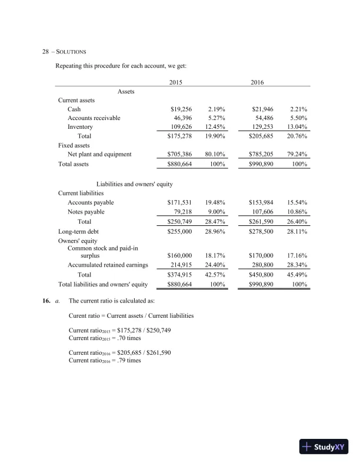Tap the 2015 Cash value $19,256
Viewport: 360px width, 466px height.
pyautogui.click(x=179, y=109)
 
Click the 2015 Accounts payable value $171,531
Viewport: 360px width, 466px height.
pyautogui.click(x=179, y=202)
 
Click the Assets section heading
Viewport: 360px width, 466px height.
pyautogui.click(x=126, y=91)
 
